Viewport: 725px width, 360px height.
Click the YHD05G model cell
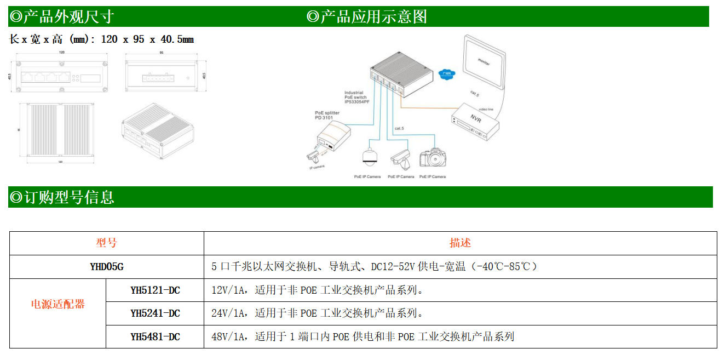[x=107, y=267]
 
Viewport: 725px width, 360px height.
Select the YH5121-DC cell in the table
[x=155, y=290]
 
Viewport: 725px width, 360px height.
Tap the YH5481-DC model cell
[x=155, y=336]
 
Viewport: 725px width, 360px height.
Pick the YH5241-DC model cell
[x=155, y=313]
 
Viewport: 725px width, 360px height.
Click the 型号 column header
[x=107, y=243]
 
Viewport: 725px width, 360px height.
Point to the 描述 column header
[x=460, y=243]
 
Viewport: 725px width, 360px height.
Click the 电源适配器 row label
[x=57, y=305]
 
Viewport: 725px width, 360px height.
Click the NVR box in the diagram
[x=474, y=122]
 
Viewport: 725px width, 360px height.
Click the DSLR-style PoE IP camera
[x=432, y=158]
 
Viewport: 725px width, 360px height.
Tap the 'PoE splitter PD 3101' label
[x=327, y=115]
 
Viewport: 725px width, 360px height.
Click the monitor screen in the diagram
[x=485, y=61]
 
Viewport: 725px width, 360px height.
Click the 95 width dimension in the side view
[x=162, y=53]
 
